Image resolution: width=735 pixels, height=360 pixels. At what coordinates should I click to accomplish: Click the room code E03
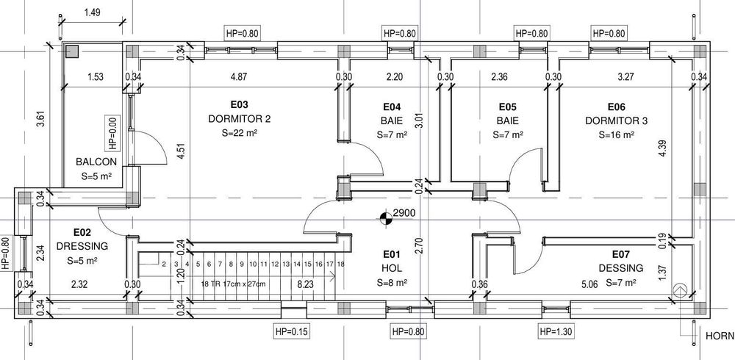click(x=239, y=104)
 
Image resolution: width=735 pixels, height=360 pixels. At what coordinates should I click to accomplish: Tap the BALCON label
click(x=96, y=162)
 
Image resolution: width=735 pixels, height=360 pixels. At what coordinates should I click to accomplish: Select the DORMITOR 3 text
click(x=617, y=121)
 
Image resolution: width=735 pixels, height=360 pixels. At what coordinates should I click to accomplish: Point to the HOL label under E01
click(x=392, y=269)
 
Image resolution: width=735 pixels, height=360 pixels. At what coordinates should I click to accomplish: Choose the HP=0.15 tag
click(x=291, y=332)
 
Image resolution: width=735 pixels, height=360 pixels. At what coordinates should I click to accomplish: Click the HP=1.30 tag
click(x=556, y=332)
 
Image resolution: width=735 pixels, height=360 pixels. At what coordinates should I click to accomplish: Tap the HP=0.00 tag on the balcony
click(x=113, y=134)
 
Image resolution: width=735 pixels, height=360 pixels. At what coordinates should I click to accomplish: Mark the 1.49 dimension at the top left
click(x=93, y=12)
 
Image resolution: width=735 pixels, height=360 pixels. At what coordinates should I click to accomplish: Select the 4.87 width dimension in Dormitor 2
click(x=239, y=77)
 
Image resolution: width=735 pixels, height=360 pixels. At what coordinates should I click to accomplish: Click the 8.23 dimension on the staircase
click(x=306, y=284)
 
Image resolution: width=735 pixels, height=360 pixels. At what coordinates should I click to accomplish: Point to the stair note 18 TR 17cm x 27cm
click(x=233, y=284)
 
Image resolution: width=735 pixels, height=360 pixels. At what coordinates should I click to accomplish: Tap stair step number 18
click(x=341, y=264)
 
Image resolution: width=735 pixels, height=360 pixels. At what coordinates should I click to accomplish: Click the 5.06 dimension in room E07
click(x=589, y=284)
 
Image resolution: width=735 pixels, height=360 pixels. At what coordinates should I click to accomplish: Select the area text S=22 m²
click(x=239, y=133)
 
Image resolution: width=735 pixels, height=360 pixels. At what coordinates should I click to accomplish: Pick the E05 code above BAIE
click(x=508, y=107)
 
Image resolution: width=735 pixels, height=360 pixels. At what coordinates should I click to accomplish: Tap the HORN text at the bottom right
click(x=720, y=336)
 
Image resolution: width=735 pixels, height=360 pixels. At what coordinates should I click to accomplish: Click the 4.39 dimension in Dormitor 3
click(x=662, y=148)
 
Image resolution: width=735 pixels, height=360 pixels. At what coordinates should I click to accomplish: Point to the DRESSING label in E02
click(x=82, y=246)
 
